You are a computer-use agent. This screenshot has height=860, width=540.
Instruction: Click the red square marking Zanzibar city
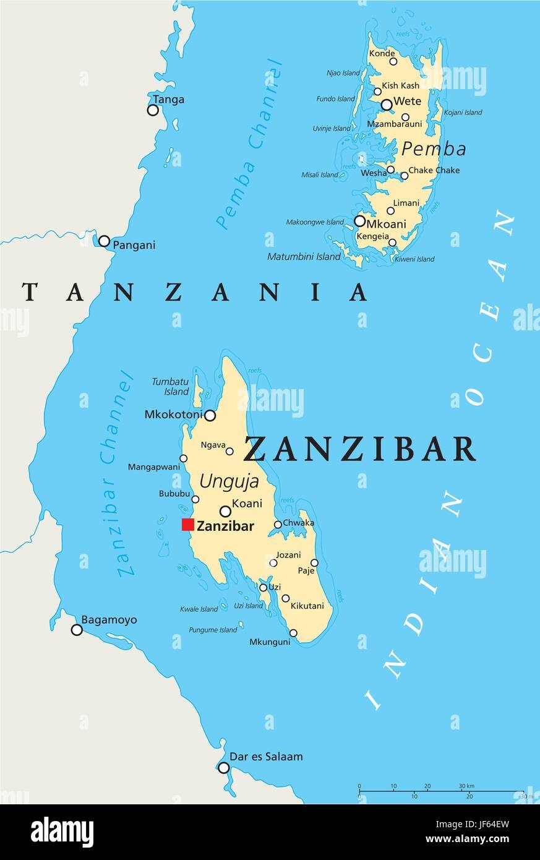tap(187, 525)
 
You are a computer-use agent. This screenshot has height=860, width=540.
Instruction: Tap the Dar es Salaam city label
tap(266, 757)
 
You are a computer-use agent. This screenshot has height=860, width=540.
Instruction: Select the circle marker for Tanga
tap(153, 110)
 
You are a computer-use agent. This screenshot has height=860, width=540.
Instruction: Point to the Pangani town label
tap(134, 245)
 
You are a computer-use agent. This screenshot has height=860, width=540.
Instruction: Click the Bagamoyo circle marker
tap(77, 630)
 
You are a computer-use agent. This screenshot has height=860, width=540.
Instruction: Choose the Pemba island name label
tap(434, 148)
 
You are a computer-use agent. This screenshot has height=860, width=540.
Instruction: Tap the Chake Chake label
tap(434, 170)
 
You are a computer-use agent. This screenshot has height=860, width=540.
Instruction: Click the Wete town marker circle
tap(387, 105)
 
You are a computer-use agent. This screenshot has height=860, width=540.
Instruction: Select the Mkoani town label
tap(387, 224)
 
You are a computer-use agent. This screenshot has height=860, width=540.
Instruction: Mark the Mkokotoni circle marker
tap(210, 415)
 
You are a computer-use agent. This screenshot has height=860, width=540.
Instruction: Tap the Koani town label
tap(247, 504)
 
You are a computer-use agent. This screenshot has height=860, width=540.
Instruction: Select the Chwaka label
tap(299, 523)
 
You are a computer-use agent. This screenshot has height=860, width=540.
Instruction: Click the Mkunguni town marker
tap(293, 633)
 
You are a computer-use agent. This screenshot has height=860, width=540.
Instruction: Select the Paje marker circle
tap(314, 563)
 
